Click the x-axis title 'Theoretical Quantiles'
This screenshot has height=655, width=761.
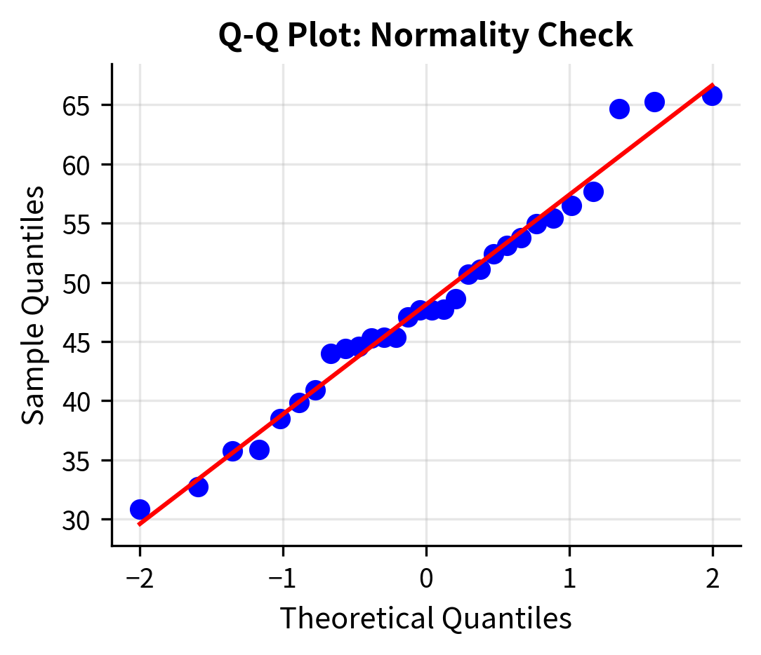(x=425, y=618)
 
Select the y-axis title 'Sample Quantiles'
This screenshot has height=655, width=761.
(x=33, y=305)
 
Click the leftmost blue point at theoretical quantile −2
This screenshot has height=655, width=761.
(x=140, y=509)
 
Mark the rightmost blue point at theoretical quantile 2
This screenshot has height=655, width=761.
(x=713, y=96)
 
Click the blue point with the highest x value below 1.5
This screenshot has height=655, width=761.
(x=619, y=109)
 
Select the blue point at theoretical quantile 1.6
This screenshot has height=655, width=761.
(x=654, y=102)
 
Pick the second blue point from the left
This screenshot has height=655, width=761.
(x=198, y=487)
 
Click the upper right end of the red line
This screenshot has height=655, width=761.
(x=713, y=86)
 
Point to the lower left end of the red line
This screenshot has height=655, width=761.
(x=140, y=524)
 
